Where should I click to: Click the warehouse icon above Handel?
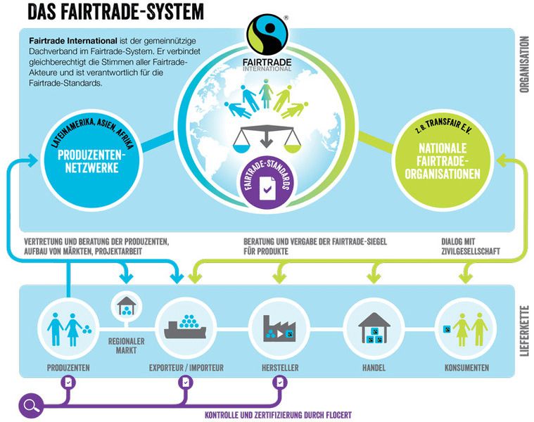pos(373,325)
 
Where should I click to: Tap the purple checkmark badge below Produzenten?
pos(68,382)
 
